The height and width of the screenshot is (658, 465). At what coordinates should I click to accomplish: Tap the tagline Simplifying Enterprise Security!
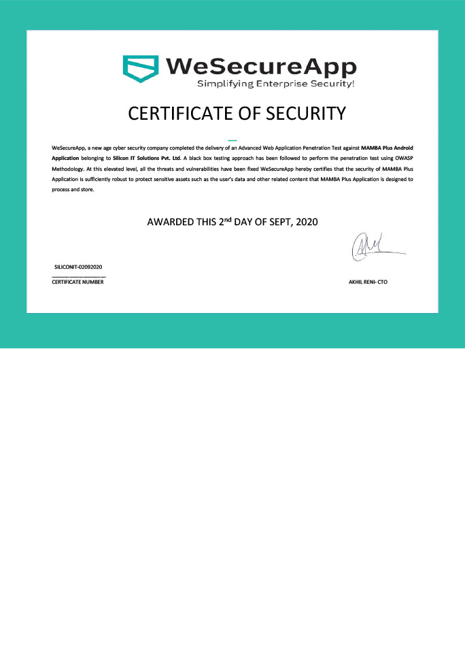[x=275, y=84]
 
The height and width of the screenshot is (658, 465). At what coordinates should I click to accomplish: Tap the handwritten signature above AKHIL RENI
[x=371, y=247]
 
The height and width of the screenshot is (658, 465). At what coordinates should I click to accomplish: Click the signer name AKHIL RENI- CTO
[x=368, y=282]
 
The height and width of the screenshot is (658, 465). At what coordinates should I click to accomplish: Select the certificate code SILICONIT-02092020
[x=78, y=267]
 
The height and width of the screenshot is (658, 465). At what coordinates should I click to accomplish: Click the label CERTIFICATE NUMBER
[x=77, y=282]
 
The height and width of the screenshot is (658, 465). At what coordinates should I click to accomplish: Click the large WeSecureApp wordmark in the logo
[x=261, y=67]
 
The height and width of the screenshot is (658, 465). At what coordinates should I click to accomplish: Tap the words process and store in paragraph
[x=73, y=189]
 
